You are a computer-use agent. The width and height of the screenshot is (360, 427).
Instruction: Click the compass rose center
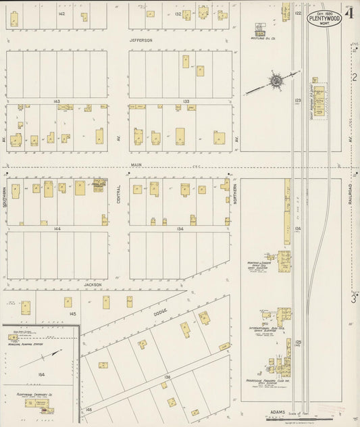[x=276, y=81]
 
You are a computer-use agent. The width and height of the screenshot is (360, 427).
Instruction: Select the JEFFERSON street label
[x=141, y=40]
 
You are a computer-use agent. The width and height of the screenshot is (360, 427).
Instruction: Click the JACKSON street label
[x=93, y=284]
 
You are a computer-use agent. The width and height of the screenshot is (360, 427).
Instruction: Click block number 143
[x=57, y=101]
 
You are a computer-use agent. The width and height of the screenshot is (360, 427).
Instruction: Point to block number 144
[x=57, y=229]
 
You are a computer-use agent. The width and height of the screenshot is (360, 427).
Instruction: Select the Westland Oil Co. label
[x=259, y=38]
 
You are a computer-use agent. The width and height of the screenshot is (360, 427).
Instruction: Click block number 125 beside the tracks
[x=297, y=343]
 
